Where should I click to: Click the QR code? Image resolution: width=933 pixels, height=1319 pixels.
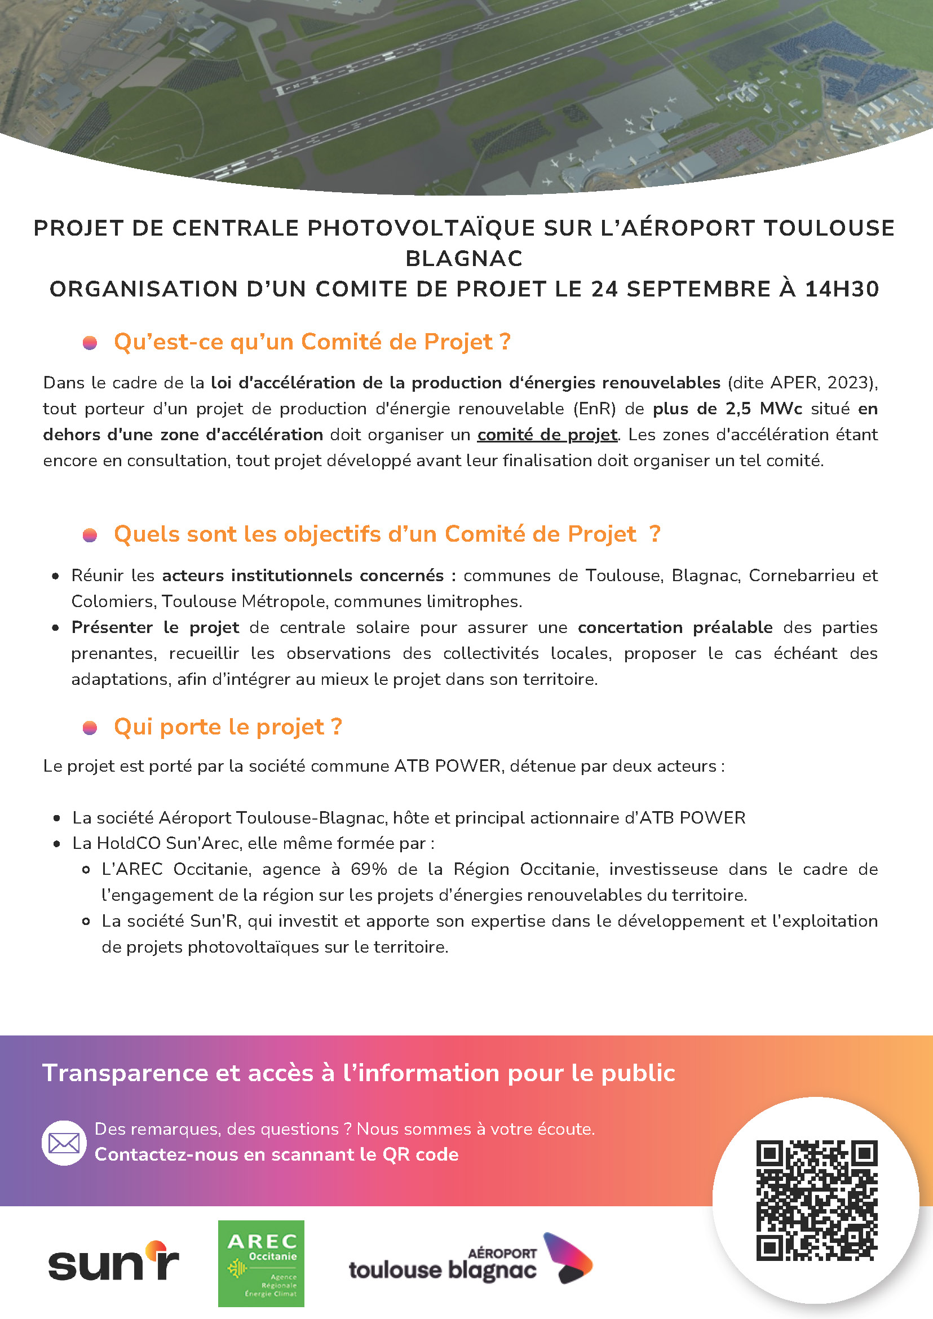coord(816,1200)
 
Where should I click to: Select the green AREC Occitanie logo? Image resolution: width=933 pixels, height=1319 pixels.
coord(261,1263)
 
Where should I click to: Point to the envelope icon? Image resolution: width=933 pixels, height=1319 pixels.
coord(64,1143)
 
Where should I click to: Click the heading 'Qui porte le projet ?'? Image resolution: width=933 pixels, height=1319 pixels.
coord(228,727)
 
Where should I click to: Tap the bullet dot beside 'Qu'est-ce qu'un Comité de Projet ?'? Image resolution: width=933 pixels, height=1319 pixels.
coord(90,343)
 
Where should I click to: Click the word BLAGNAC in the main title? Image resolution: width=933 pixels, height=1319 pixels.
coord(464,259)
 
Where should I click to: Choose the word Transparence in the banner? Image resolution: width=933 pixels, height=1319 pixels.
coord(125,1073)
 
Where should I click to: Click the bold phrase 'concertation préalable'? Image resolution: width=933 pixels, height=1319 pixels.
coord(675,627)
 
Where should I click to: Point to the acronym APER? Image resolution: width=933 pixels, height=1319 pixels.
coord(794,383)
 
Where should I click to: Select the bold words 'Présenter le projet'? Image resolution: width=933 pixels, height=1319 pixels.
coord(155,627)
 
